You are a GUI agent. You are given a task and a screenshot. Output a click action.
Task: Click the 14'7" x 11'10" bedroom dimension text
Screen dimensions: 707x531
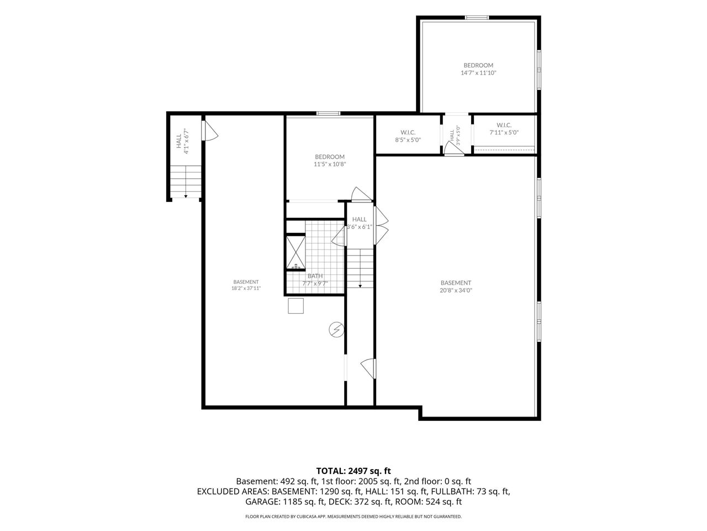(478, 73)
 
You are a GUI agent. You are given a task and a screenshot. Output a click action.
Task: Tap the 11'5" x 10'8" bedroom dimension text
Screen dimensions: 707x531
(330, 164)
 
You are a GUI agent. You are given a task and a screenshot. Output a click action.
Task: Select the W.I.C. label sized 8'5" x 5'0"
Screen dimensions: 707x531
(408, 132)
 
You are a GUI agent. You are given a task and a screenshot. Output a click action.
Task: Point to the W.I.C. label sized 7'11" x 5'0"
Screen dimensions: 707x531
(504, 125)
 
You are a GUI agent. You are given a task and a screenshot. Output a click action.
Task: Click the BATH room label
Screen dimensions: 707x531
(315, 276)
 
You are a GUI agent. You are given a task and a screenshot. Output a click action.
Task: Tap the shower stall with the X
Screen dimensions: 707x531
(296, 252)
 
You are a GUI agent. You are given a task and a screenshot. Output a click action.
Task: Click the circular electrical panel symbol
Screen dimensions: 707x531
(336, 330)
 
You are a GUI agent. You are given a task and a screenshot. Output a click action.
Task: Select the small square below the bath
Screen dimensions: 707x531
(296, 306)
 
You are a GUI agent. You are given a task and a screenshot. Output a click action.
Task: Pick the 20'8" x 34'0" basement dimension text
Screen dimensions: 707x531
(456, 290)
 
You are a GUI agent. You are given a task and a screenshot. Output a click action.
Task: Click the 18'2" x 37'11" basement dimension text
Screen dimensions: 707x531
(246, 288)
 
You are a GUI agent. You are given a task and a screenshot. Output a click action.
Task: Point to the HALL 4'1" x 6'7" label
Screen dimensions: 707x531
(182, 141)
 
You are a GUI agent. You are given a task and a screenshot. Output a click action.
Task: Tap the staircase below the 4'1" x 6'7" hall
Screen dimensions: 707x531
(186, 181)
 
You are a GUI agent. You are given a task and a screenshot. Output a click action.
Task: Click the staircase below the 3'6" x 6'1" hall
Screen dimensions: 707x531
(360, 268)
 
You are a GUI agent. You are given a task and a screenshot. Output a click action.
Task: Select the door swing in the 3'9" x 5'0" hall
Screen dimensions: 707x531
(453, 149)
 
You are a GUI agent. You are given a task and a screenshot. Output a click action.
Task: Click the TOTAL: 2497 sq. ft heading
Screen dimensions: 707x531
(353, 471)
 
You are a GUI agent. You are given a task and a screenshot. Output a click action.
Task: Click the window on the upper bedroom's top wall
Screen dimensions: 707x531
(477, 18)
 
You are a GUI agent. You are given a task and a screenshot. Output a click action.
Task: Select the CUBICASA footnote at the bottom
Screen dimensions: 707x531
(353, 517)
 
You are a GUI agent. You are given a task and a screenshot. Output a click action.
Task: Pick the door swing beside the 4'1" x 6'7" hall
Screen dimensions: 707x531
(210, 130)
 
